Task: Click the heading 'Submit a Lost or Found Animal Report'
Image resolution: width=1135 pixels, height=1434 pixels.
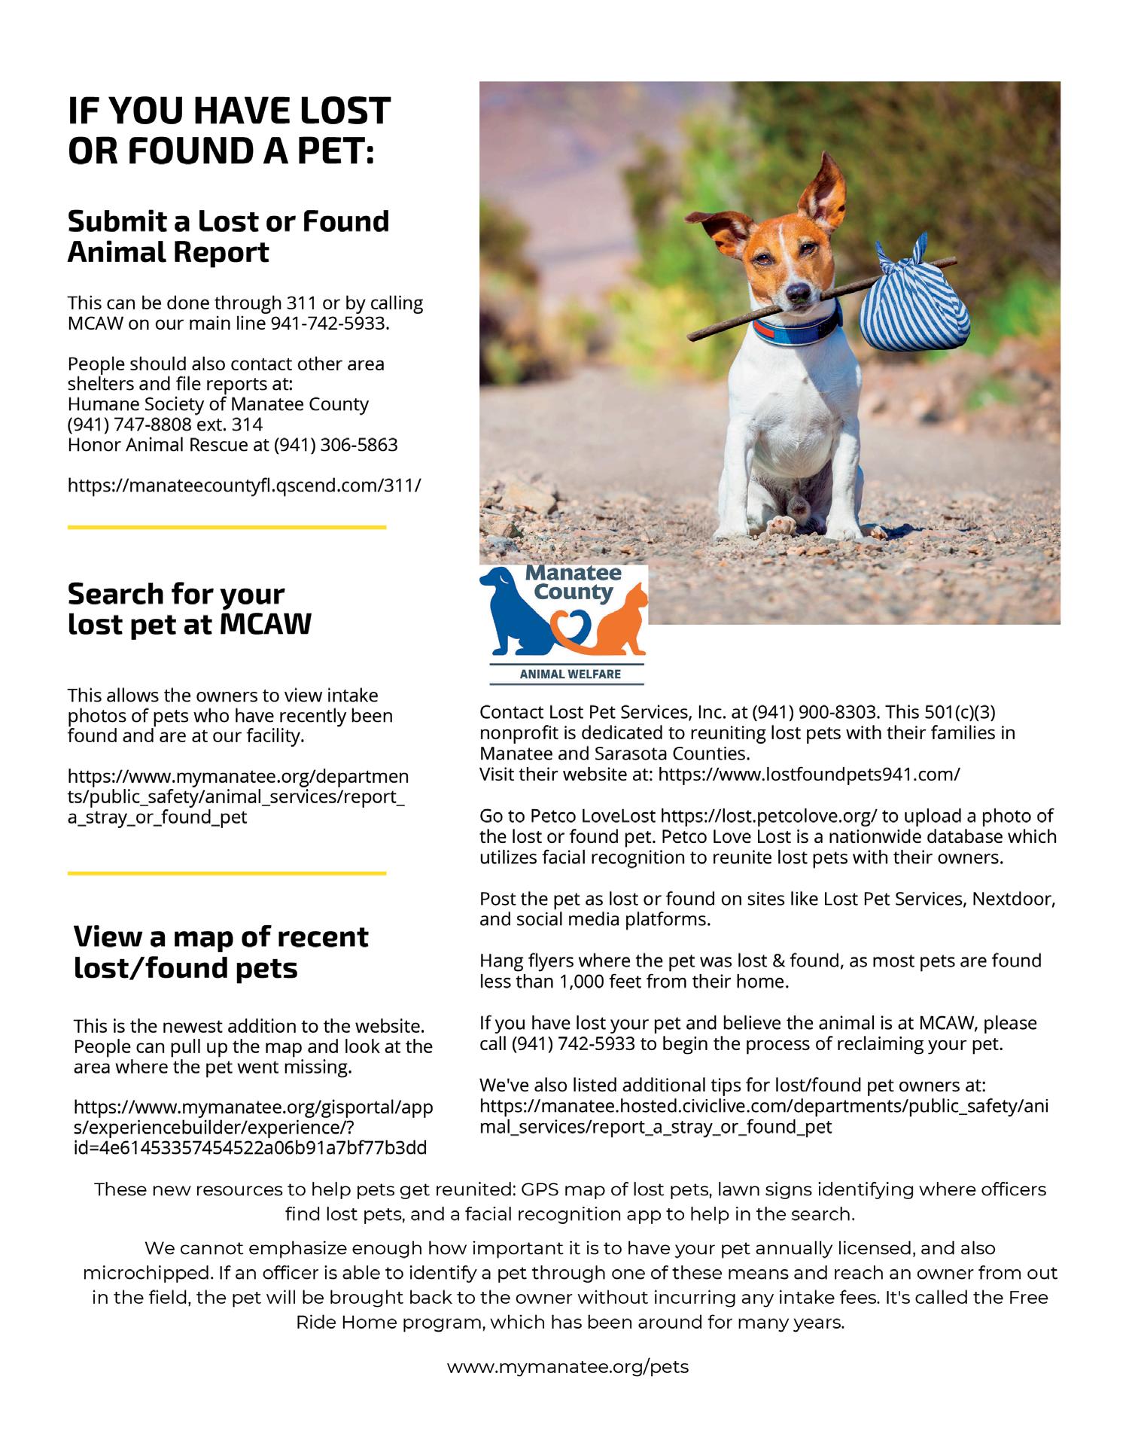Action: click(x=228, y=236)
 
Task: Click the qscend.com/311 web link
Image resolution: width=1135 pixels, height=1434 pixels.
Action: click(x=244, y=486)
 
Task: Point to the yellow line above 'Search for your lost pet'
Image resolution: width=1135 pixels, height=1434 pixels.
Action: click(x=227, y=528)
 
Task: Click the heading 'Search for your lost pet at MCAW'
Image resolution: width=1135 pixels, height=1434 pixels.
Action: click(x=189, y=609)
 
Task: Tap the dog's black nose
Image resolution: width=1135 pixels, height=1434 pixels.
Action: click(x=798, y=290)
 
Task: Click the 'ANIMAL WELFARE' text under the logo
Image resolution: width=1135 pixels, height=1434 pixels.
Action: click(x=570, y=674)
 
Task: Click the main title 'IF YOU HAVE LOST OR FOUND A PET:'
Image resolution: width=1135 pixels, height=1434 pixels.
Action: click(x=229, y=130)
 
